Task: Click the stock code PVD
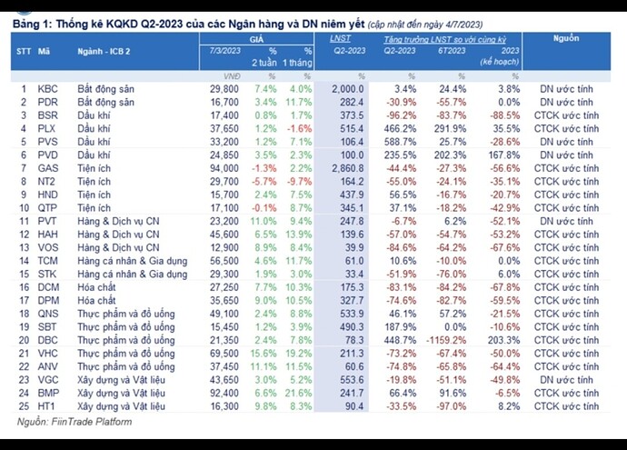47,155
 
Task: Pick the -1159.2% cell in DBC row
450,339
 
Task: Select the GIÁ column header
256,39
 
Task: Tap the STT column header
25,50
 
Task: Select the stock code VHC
47,353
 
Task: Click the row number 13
25,247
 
